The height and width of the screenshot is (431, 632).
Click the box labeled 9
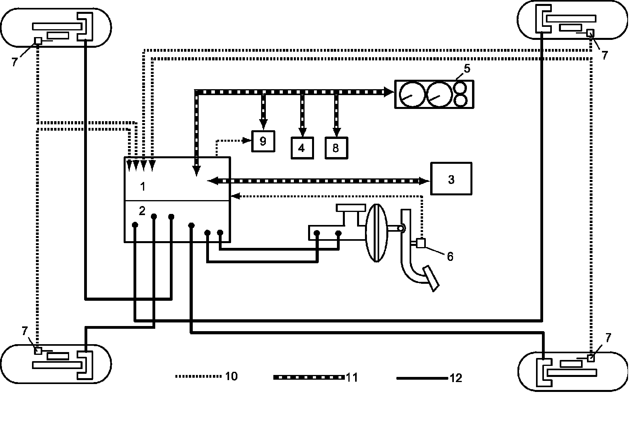point(263,141)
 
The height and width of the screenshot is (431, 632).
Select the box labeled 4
point(302,148)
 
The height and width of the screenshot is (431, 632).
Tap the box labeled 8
point(336,148)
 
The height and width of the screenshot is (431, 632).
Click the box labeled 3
point(451,179)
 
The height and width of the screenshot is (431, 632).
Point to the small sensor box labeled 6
point(421,243)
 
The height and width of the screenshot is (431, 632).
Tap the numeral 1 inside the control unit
point(143,187)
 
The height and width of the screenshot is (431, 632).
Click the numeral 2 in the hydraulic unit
point(142,211)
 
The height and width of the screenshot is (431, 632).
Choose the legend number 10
point(231,376)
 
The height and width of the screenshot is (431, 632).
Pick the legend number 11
point(352,377)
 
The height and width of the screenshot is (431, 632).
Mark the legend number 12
point(455,378)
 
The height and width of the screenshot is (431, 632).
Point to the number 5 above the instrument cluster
point(467,69)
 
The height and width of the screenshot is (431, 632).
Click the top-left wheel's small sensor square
point(38,41)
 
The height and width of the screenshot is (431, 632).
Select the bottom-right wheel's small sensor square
point(591,358)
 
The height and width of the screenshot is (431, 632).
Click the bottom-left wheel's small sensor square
point(38,351)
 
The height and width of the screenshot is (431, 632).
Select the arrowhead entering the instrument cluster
point(390,92)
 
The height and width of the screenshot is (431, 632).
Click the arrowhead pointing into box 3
point(425,181)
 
